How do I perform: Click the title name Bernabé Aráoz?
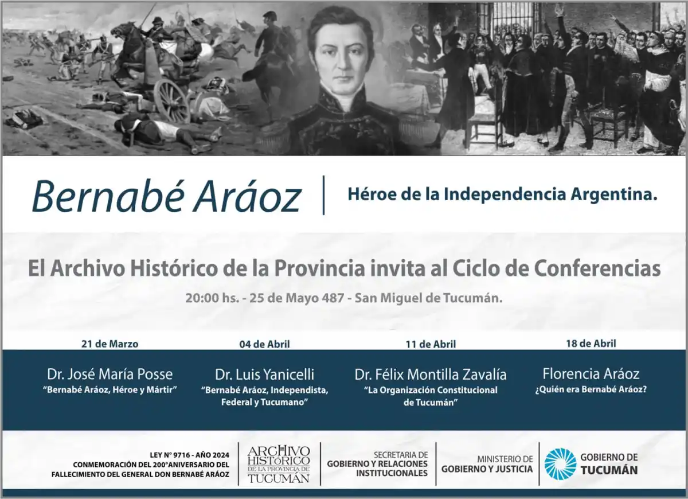pyautogui.click(x=166, y=196)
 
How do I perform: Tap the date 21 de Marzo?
pyautogui.click(x=110, y=344)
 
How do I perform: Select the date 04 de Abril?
pyautogui.click(x=264, y=344)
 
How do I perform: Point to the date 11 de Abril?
pyautogui.click(x=430, y=344)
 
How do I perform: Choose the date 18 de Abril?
pyautogui.click(x=591, y=344)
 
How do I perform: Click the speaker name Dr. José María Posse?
pyautogui.click(x=110, y=375)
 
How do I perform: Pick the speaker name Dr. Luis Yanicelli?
pyautogui.click(x=264, y=375)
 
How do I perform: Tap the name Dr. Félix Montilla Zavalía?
pyautogui.click(x=430, y=375)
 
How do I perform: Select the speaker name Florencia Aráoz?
pyautogui.click(x=591, y=374)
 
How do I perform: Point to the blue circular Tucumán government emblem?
pyautogui.click(x=560, y=464)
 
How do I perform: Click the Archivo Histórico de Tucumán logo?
pyautogui.click(x=279, y=463)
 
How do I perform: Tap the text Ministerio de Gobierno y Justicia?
pyautogui.click(x=487, y=464)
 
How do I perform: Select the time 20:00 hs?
pyautogui.click(x=205, y=298)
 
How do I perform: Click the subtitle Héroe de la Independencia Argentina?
pyautogui.click(x=502, y=194)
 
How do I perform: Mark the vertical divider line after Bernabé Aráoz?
pyautogui.click(x=324, y=195)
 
